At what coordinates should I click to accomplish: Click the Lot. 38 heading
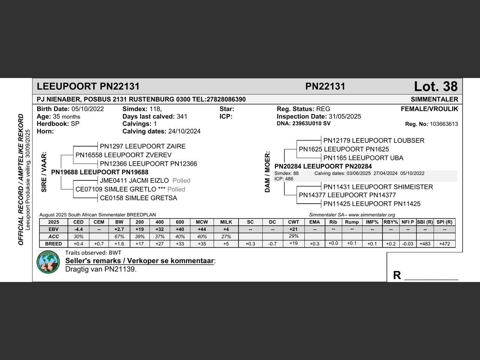click(435, 87)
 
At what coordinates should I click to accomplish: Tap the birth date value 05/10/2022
click(87, 109)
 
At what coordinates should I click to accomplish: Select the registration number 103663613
click(444, 124)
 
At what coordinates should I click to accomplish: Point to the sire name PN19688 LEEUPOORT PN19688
click(100, 172)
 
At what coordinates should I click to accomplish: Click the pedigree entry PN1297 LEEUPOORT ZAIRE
click(142, 146)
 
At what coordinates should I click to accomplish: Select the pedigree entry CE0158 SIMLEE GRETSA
click(138, 198)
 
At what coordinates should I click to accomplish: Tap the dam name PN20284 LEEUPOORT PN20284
click(323, 166)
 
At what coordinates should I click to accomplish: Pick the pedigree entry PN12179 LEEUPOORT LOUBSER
click(374, 141)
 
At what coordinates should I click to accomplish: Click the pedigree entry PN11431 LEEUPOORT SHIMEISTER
click(378, 187)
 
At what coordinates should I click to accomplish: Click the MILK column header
click(226, 222)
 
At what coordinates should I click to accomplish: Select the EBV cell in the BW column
click(119, 229)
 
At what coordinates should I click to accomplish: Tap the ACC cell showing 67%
click(119, 237)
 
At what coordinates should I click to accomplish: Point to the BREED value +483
click(425, 244)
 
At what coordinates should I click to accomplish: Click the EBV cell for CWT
click(294, 229)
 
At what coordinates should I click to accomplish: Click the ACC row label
click(54, 237)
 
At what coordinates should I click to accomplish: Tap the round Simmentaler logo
click(48, 262)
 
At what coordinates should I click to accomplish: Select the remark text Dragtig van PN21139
click(101, 269)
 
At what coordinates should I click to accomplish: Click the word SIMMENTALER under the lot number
click(434, 99)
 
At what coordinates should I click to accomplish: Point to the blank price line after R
click(431, 277)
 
